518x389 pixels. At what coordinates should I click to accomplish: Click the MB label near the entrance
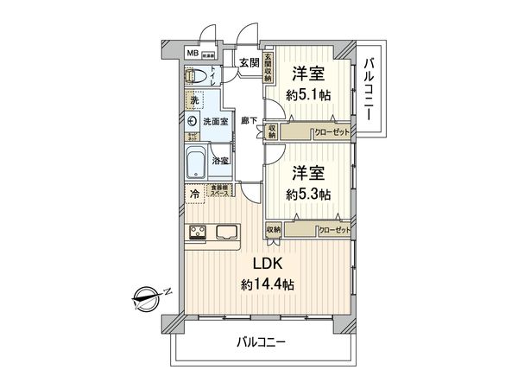coord(192,53)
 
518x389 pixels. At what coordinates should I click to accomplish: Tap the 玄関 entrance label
coord(249,61)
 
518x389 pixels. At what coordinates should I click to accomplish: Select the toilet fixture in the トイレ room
coord(195,75)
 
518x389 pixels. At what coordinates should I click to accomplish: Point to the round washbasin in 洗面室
coord(192,123)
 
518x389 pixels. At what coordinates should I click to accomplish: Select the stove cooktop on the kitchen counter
coord(198,231)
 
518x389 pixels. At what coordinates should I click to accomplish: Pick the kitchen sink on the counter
coord(230,231)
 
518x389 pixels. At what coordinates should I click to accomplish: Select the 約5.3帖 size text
coord(311,194)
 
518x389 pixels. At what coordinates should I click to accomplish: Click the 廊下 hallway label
coord(250,122)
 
